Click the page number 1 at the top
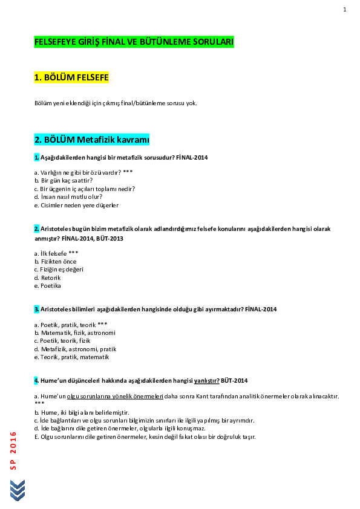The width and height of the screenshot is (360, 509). tap(344, 10)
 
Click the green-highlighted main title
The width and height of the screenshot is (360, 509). tap(134, 42)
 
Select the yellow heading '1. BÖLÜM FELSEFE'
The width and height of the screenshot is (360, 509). tap(71, 77)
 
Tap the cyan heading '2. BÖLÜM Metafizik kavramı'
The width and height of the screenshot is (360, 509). tap(91, 140)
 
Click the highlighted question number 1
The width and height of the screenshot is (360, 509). tap(36, 158)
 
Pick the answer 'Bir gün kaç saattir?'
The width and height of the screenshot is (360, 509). tap(64, 180)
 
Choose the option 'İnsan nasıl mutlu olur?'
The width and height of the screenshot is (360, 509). tap(68, 196)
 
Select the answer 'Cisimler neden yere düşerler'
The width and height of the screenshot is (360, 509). tap(76, 205)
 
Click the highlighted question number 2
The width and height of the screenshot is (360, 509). tap(36, 229)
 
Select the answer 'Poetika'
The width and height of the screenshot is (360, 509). tap(48, 286)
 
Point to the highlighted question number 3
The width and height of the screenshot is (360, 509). tap(36, 309)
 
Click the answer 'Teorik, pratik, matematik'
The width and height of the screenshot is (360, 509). tap(71, 357)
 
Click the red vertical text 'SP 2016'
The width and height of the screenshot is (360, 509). tap(13, 450)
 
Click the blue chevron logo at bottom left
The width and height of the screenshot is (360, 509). tap(18, 490)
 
